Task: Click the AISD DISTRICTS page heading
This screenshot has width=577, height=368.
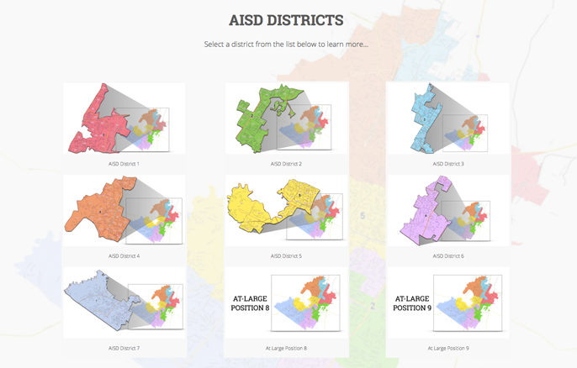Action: click(286, 19)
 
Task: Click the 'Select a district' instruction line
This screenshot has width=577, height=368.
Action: click(286, 44)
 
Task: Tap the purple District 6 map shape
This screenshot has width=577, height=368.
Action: click(425, 214)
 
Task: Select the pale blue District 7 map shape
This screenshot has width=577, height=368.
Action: click(97, 298)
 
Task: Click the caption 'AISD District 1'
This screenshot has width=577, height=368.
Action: click(124, 164)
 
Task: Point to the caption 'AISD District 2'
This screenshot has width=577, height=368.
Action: click(286, 164)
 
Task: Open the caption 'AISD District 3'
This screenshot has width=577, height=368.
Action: click(448, 164)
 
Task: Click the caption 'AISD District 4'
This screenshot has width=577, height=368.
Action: click(124, 255)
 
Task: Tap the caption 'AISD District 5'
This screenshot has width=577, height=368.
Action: click(286, 255)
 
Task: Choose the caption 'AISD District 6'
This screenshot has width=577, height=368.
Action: click(448, 255)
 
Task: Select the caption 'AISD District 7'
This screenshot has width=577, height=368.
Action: click(124, 348)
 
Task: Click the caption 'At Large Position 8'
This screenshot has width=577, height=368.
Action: click(286, 348)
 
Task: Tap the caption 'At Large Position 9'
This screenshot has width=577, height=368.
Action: click(448, 348)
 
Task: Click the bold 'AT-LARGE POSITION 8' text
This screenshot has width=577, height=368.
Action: click(251, 303)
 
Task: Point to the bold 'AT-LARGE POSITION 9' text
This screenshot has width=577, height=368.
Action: click(412, 303)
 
